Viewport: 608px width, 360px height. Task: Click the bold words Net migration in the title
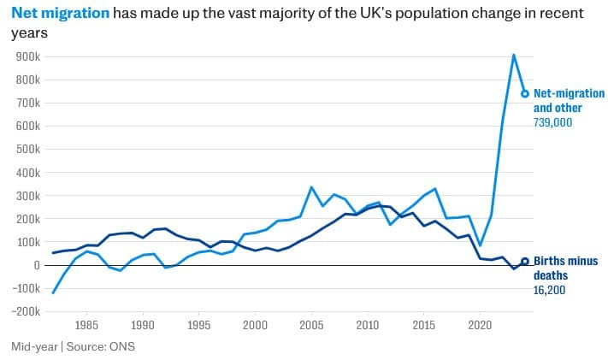60,14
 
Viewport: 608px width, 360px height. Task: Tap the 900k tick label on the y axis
29,56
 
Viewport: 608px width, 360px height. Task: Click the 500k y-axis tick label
29,149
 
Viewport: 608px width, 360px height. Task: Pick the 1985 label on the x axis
86,326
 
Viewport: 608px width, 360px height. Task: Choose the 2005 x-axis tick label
312,326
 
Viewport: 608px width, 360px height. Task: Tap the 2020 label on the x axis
480,326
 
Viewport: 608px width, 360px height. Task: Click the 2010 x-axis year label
368,326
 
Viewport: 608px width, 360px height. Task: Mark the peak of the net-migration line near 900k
513,55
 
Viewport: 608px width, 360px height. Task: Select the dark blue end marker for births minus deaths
525,262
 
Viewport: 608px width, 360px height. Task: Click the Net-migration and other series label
569,101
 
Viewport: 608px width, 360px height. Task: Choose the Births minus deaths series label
565,269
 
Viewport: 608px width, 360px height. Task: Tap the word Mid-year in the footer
34,346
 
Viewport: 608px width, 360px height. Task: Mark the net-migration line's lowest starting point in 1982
53,292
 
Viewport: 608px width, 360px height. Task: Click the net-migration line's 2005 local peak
311,187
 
